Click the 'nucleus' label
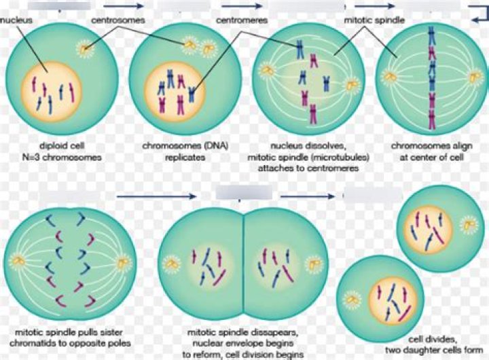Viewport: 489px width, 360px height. pyautogui.click(x=16, y=20)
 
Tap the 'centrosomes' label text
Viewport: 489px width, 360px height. pyautogui.click(x=118, y=20)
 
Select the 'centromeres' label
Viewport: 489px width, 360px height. pyautogui.click(x=242, y=20)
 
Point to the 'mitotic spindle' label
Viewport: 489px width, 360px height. pyautogui.click(x=374, y=20)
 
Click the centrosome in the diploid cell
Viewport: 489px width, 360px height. pyautogui.click(x=84, y=49)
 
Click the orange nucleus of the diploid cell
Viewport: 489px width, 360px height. pyautogui.click(x=52, y=93)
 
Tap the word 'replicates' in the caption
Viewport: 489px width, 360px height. pyautogui.click(x=185, y=157)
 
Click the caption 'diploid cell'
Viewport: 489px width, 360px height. pyautogui.click(x=62, y=145)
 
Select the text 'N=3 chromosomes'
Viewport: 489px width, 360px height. pyautogui.click(x=62, y=157)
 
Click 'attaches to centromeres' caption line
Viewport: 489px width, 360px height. pyautogui.click(x=308, y=168)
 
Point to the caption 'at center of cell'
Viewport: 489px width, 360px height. pyautogui.click(x=432, y=157)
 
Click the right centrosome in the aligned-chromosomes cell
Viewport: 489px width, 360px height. pyautogui.click(x=475, y=77)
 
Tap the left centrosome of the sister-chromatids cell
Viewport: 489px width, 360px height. pyautogui.click(x=18, y=262)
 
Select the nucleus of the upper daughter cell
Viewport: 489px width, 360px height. pyautogui.click(x=428, y=229)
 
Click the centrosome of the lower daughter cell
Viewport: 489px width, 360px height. pyautogui.click(x=352, y=300)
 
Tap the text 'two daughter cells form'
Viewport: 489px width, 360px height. pyautogui.click(x=434, y=350)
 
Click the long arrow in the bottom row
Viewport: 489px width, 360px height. pyautogui.click(x=157, y=196)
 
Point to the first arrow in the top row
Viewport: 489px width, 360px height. pyautogui.click(x=124, y=5)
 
